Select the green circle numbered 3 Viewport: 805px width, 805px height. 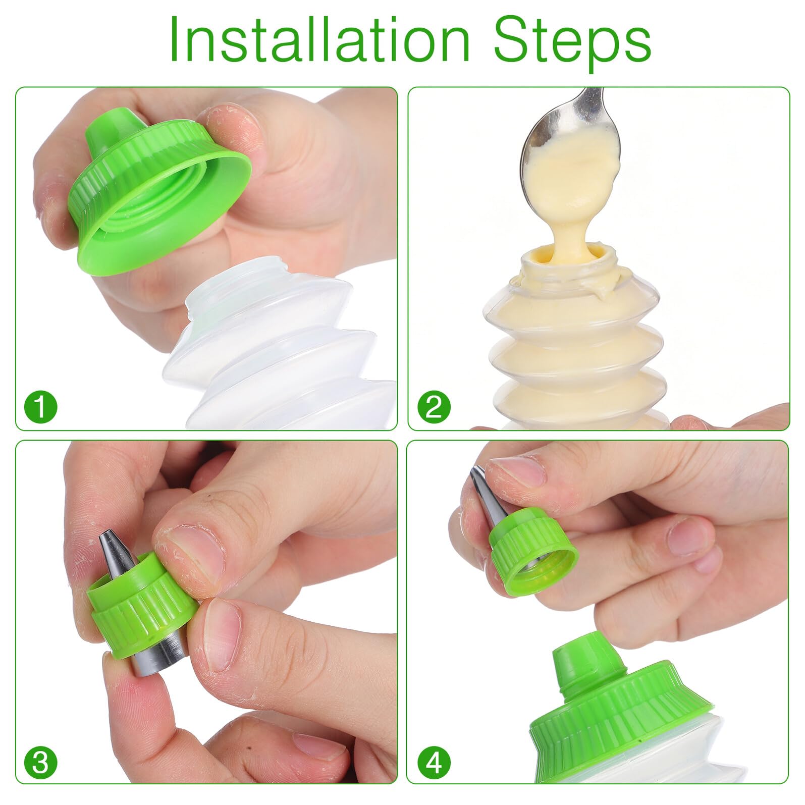tap(41, 763)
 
